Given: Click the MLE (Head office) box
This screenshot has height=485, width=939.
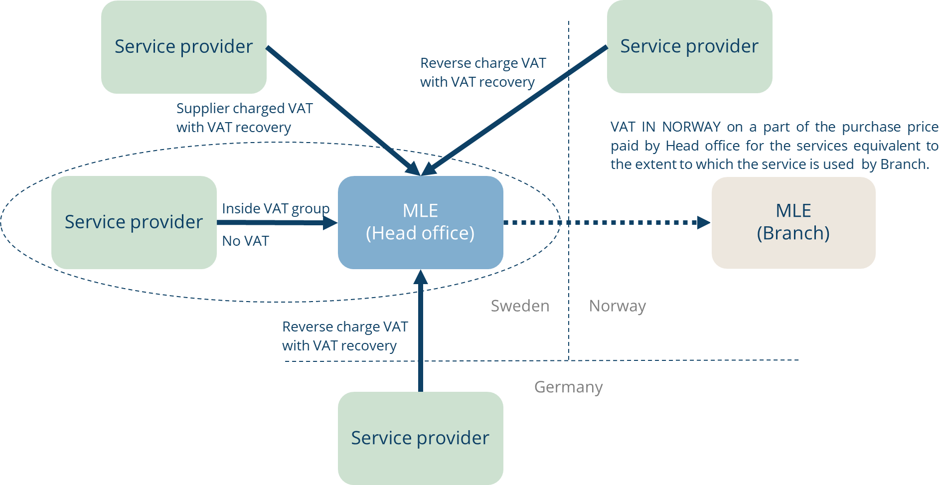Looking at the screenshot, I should pyautogui.click(x=420, y=222).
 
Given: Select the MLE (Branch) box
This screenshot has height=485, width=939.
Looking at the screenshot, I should pyautogui.click(x=793, y=222).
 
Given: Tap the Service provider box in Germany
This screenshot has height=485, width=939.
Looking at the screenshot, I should pyautogui.click(x=420, y=438).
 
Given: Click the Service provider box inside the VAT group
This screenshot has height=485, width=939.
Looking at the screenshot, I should pyautogui.click(x=134, y=222).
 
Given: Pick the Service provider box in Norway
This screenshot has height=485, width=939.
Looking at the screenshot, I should pyautogui.click(x=689, y=46).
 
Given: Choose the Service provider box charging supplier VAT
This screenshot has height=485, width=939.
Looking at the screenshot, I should pyautogui.click(x=183, y=47).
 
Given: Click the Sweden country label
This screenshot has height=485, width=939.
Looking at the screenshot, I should pyautogui.click(x=520, y=306).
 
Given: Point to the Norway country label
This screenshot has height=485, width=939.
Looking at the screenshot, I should pyautogui.click(x=617, y=306).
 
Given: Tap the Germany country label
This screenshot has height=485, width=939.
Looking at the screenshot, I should pyautogui.click(x=568, y=387).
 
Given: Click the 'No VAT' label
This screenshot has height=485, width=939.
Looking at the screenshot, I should pyautogui.click(x=245, y=241).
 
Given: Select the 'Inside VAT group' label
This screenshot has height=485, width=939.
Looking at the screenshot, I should pyautogui.click(x=276, y=208).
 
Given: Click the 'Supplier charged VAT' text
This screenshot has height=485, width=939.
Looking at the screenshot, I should pyautogui.click(x=244, y=109).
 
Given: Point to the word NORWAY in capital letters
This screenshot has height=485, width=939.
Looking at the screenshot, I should pyautogui.click(x=691, y=127).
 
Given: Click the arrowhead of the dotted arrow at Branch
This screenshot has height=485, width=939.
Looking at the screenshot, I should pyautogui.click(x=704, y=222).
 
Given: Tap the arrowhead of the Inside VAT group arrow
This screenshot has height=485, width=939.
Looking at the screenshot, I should pyautogui.click(x=330, y=223).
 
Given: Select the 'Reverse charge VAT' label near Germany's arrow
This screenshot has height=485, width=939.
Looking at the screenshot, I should pyautogui.click(x=345, y=327).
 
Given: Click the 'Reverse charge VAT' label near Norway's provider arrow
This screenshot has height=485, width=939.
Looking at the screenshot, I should pyautogui.click(x=483, y=63).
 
